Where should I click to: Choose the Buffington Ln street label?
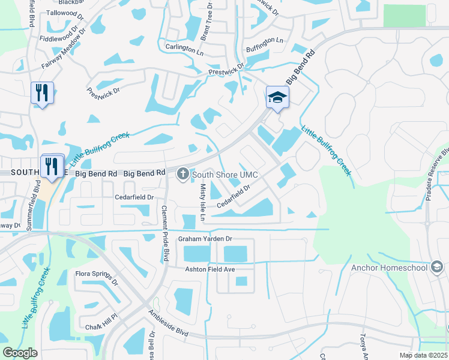pos(265,41)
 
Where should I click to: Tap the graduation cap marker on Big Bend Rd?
pos(278,97)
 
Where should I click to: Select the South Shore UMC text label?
pos(225,175)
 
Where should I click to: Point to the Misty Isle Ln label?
pos(202,202)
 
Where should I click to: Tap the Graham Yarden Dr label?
pos(205,239)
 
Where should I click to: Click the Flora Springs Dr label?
pos(95,277)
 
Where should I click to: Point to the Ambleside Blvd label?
pos(169,323)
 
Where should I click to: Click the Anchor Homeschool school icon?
pos(436,267)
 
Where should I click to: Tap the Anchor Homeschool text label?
pos(389,268)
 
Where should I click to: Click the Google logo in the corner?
pos(20,352)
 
